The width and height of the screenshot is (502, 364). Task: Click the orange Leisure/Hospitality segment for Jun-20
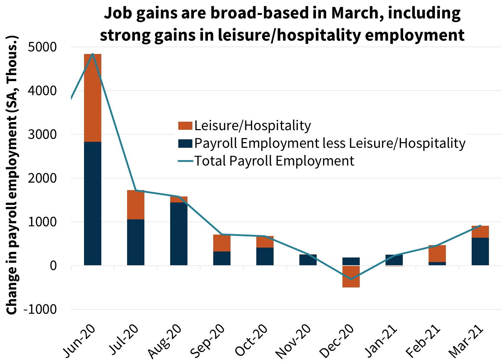92,98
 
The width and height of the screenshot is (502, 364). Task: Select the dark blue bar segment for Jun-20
92,203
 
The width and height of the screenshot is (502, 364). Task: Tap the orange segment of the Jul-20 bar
136,205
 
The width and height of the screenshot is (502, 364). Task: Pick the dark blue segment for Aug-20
179,233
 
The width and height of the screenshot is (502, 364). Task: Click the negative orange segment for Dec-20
351,277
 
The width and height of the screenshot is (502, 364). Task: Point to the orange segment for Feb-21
437,253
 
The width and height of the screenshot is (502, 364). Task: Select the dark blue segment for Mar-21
480,251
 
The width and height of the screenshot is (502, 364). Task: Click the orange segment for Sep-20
222,243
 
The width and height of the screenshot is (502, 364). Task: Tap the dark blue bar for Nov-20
308,260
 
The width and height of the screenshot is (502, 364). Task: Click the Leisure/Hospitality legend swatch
185,126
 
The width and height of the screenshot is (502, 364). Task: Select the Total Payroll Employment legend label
274,161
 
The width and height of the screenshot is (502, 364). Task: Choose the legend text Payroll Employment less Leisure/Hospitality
330,144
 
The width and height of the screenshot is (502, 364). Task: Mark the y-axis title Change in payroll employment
12,175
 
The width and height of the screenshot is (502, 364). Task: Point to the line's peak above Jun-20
92,54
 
